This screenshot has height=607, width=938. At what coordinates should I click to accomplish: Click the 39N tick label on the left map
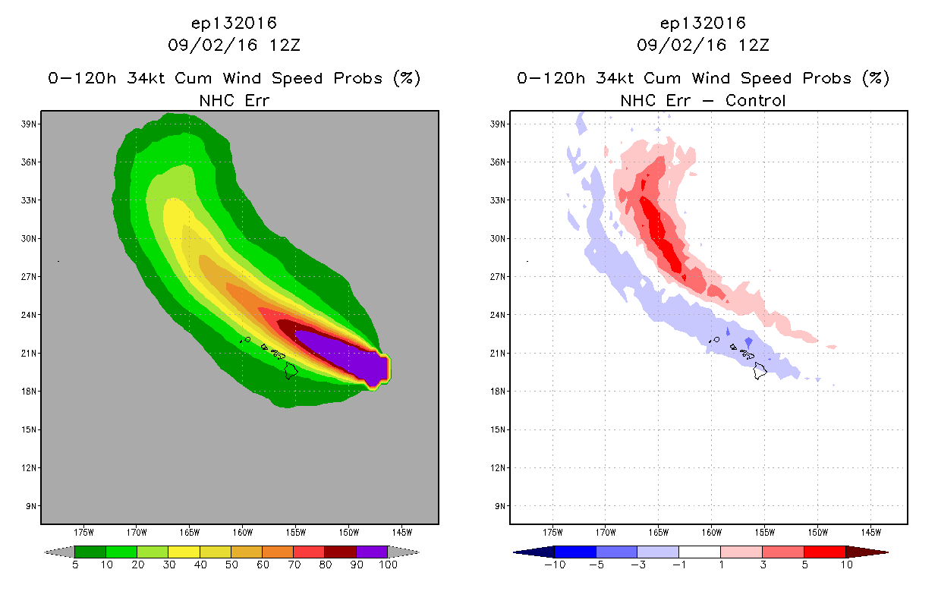click(x=29, y=124)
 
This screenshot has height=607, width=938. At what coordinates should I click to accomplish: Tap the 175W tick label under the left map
click(x=83, y=533)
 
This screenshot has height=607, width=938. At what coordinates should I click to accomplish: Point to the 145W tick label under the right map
click(x=871, y=533)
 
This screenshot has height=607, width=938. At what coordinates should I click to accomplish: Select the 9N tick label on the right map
click(x=500, y=506)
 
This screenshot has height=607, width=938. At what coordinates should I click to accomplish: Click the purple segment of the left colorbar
click(x=372, y=552)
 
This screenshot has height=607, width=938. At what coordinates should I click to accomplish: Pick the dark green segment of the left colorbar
click(x=90, y=552)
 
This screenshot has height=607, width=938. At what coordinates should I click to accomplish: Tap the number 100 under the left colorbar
click(x=388, y=565)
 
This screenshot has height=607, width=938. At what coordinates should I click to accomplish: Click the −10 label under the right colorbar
click(x=555, y=565)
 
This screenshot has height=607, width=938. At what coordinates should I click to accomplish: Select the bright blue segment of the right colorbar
click(x=575, y=552)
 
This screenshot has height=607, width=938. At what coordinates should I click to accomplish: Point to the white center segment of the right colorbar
click(x=700, y=552)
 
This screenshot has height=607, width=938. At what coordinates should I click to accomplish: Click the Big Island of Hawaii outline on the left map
click(x=291, y=371)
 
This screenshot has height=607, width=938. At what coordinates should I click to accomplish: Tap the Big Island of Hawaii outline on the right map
click(x=760, y=371)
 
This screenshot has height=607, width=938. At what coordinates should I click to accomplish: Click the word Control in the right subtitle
click(x=755, y=101)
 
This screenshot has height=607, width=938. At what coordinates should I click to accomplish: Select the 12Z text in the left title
click(x=285, y=46)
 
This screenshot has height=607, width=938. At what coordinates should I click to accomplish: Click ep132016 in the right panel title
click(x=703, y=24)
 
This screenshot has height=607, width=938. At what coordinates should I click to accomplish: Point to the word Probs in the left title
click(x=358, y=78)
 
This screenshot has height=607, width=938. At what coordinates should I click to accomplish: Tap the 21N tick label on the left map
click(x=29, y=354)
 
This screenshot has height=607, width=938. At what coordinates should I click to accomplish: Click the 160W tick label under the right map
click(x=712, y=533)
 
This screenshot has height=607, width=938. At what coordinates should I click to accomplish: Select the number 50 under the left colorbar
click(x=231, y=565)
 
